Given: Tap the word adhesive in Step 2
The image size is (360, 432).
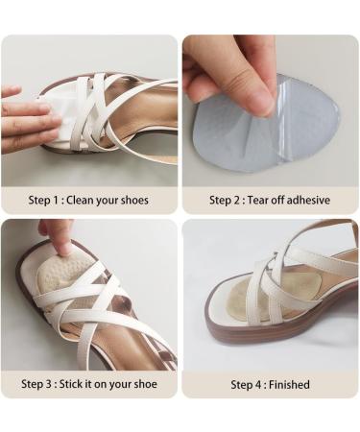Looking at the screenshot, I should click(303, 201).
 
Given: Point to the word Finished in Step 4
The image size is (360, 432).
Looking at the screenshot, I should click(289, 384).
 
